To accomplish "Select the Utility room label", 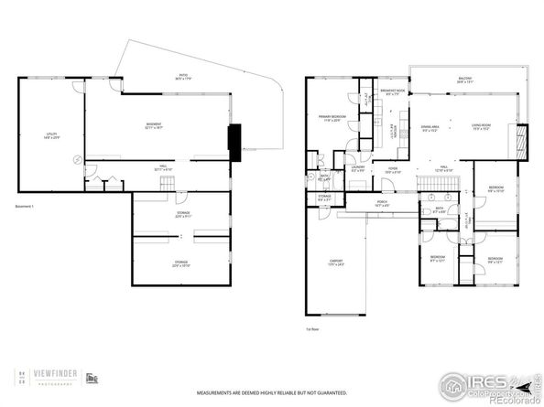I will pos(52,136).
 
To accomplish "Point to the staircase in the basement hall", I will pos(167,185).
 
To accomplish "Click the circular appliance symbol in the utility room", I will pos(76,157).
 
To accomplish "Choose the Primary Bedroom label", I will pos(331,118).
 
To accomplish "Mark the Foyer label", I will pos(391,168).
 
